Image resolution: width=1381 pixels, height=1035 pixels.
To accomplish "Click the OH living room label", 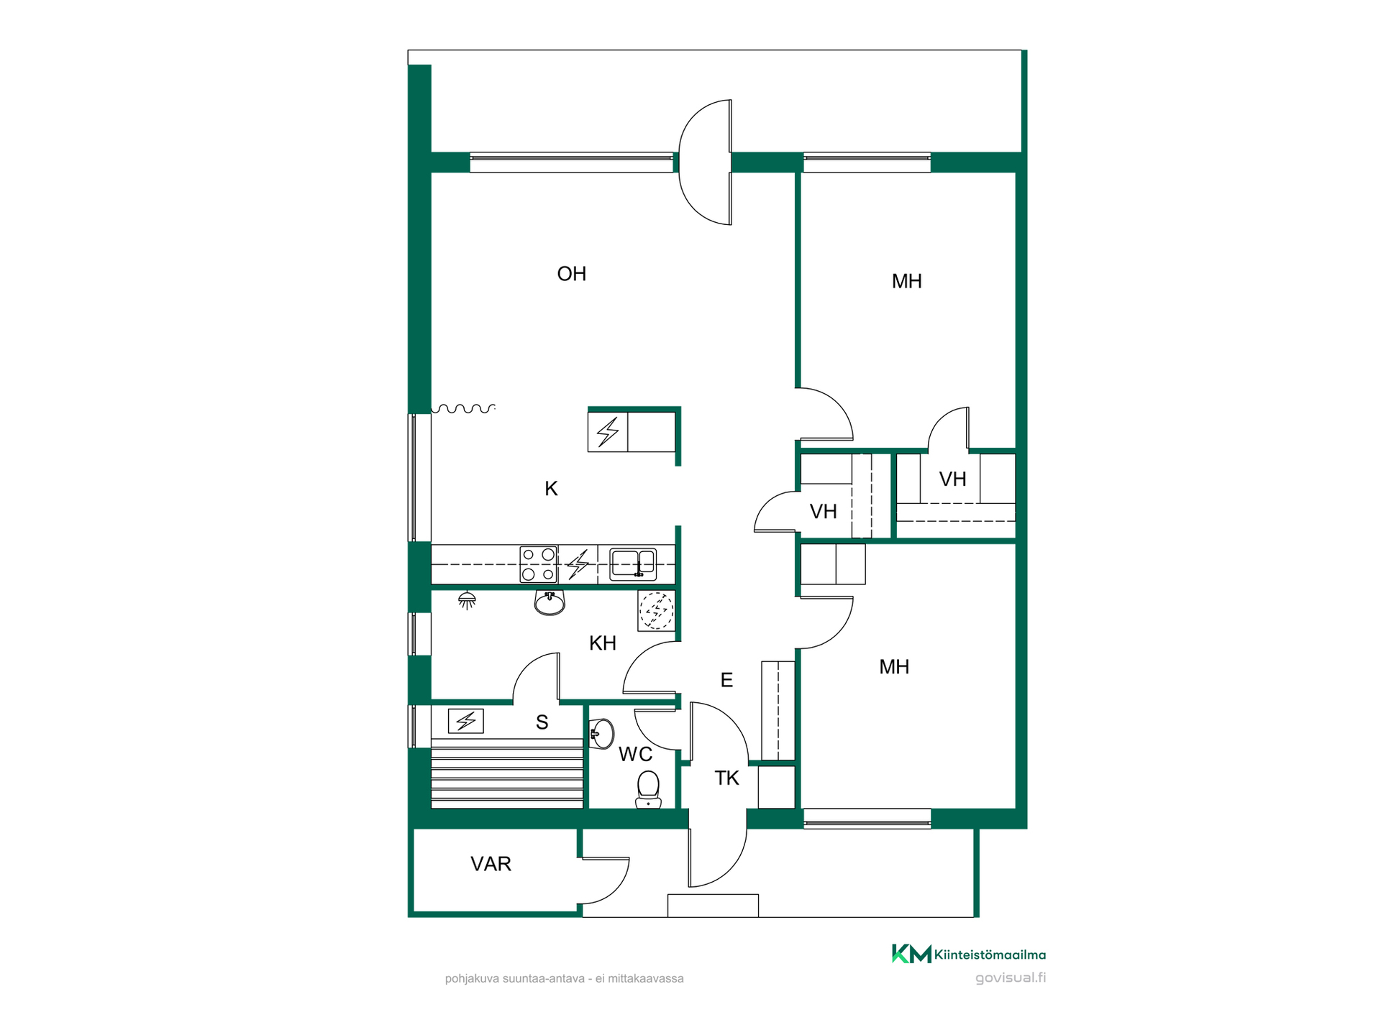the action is (572, 274).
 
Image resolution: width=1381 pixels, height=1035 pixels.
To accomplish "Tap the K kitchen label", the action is (551, 489).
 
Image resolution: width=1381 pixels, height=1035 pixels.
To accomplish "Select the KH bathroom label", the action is (603, 643).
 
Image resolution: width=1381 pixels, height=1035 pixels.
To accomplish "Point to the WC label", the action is (636, 755).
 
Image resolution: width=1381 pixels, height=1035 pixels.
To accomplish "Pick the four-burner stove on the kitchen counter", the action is (539, 564).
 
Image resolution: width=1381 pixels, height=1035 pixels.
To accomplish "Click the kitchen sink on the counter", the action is (633, 564).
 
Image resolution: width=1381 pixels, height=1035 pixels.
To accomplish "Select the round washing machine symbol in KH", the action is (656, 610).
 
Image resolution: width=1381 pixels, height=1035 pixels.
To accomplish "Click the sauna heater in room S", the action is (466, 721).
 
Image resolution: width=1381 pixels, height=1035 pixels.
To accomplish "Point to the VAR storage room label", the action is (491, 864).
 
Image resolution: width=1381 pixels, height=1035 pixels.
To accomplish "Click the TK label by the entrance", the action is (727, 778).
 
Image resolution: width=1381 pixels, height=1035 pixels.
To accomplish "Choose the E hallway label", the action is (726, 680).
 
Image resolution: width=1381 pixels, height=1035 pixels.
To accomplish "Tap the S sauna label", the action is (542, 722).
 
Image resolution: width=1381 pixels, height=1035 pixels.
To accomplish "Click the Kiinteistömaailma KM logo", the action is (969, 954).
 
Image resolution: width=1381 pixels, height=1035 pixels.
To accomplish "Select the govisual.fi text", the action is (1011, 977).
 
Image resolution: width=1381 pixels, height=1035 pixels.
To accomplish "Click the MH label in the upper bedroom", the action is (907, 282).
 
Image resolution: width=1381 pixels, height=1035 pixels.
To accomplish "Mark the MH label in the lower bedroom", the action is (894, 667).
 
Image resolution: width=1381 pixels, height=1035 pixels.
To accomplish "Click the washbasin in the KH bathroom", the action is (550, 602).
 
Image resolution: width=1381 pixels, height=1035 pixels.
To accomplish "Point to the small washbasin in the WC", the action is (601, 734).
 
